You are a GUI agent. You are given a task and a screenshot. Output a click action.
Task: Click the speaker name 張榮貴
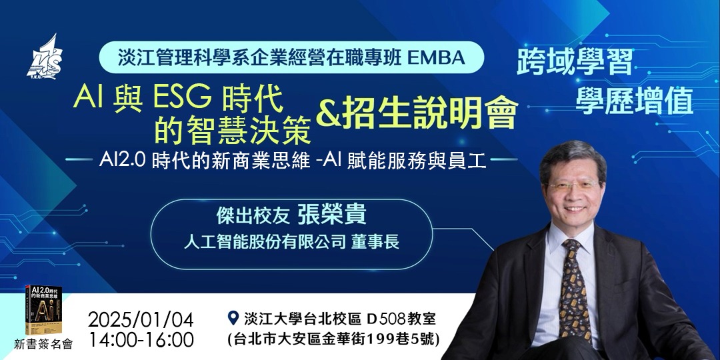pyautogui.click(x=333, y=217)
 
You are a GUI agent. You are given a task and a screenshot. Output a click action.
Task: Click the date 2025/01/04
pyautogui.click(x=140, y=317)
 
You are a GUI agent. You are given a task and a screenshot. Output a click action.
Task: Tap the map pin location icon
pyautogui.click(x=233, y=317)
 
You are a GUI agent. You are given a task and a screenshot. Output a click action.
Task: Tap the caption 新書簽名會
pyautogui.click(x=43, y=344)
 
